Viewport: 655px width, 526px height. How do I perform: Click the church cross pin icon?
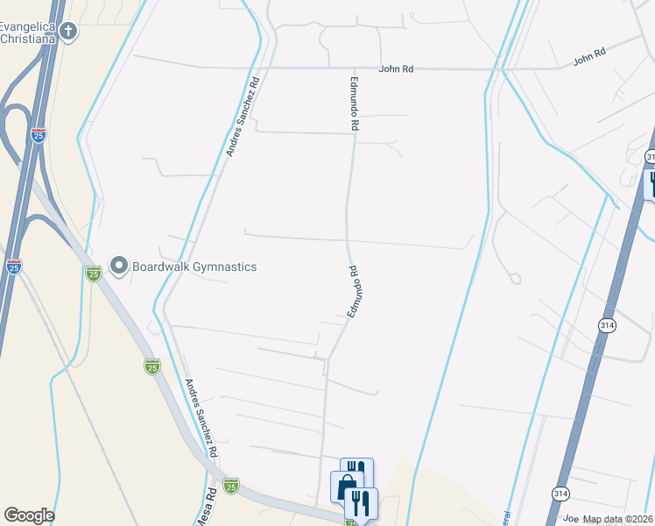[68, 32]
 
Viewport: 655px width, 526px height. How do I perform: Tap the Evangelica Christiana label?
[28, 32]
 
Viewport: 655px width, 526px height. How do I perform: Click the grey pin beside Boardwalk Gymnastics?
[119, 265]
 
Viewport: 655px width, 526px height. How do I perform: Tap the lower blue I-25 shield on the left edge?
[13, 267]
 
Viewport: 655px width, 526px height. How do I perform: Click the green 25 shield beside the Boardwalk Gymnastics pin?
[93, 274]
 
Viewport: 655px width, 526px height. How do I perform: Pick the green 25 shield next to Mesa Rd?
[230, 486]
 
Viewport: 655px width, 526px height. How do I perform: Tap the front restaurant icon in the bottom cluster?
[361, 503]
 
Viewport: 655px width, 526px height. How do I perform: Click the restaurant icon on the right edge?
[650, 184]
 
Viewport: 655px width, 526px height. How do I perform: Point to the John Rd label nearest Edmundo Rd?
[396, 69]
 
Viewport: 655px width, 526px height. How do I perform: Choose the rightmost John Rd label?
[589, 57]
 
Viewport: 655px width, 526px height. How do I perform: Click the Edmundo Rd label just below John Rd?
[356, 102]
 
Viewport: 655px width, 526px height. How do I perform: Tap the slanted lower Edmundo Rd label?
[355, 291]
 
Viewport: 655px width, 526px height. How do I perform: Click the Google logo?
[29, 515]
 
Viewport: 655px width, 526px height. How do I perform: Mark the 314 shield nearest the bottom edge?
[560, 494]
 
